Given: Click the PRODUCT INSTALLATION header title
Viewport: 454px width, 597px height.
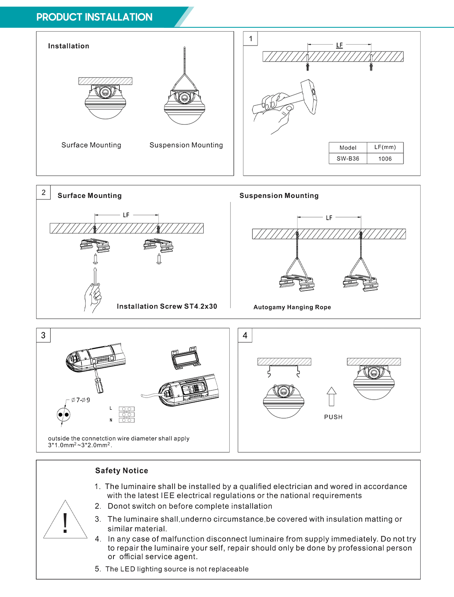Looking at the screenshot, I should [94, 17].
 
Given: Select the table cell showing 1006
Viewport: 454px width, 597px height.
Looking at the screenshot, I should [385, 159].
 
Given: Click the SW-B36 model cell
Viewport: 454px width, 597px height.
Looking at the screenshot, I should [348, 159].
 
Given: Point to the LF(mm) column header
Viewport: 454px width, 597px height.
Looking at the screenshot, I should [385, 147].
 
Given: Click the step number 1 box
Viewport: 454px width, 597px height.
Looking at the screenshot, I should [250, 39].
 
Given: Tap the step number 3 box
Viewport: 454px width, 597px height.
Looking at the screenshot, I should [43, 335].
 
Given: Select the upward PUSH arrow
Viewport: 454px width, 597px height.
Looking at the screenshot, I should [331, 396].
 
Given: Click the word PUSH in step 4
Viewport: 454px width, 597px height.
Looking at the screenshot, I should [333, 417].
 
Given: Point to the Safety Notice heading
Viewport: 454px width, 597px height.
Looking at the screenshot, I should [121, 471].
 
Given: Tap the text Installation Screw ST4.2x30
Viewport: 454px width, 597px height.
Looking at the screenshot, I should [167, 307].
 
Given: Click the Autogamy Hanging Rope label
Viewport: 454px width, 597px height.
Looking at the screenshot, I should [292, 307].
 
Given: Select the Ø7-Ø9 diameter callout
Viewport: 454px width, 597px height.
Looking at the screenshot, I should [81, 400].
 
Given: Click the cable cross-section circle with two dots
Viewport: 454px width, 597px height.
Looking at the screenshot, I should [64, 414].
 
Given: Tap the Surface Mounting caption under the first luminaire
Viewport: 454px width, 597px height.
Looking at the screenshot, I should [91, 145].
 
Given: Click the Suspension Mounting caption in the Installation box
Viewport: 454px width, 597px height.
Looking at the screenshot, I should [186, 145].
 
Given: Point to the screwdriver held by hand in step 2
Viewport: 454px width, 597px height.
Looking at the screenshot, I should [95, 280].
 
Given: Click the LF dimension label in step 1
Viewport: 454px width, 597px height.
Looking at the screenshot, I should [339, 45].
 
